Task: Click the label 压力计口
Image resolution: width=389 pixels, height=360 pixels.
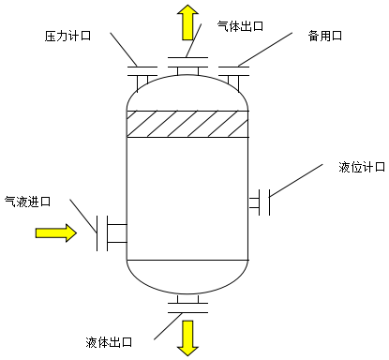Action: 68,37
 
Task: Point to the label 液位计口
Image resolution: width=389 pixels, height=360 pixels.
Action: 361,166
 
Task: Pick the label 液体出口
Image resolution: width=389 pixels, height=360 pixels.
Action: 109,341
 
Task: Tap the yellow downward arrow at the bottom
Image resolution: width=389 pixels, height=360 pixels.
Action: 187,337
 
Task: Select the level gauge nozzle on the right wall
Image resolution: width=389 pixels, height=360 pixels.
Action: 262,201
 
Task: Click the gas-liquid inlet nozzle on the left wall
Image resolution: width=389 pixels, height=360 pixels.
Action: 112,232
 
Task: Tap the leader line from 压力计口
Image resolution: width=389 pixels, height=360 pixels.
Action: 126,50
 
